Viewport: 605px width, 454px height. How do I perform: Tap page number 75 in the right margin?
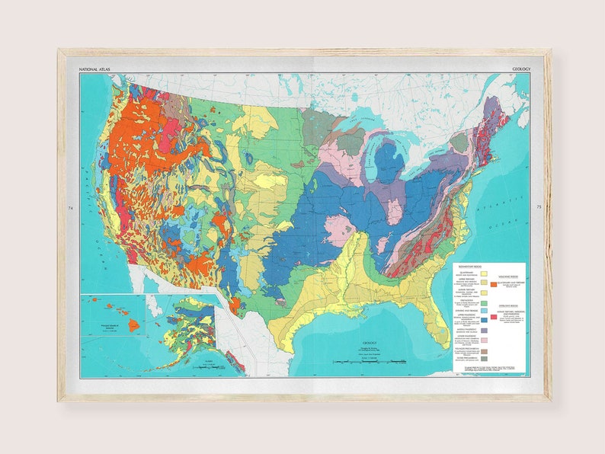click(538, 207)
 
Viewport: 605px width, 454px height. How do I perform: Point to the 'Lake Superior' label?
click(366, 120)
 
